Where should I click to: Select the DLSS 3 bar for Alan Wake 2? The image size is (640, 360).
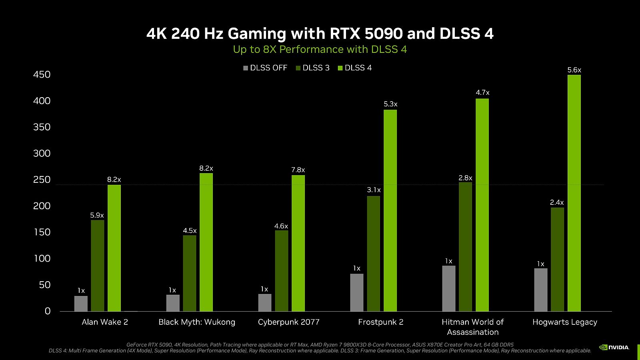point(98,266)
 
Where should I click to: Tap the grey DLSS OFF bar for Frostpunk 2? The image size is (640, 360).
point(357,292)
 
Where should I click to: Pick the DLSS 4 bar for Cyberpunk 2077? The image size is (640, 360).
point(298,243)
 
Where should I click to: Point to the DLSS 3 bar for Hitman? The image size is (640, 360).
point(465,247)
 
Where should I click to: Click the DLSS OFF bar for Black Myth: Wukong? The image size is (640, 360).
point(173,303)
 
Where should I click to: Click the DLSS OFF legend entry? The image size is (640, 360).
point(265,68)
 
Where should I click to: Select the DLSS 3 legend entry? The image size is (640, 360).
point(313,68)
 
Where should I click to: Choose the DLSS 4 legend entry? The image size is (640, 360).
point(355,68)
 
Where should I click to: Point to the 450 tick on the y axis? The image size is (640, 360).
point(42,75)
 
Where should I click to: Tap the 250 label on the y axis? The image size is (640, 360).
point(42,180)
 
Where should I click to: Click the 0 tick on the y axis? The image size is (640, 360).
point(48,311)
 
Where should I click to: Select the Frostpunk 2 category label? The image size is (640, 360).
point(381,322)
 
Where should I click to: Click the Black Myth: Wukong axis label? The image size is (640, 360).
point(197,322)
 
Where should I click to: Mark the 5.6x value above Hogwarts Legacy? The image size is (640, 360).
point(574,70)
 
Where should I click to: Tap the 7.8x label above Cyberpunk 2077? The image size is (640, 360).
point(298,170)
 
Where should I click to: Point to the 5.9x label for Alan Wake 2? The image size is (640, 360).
point(97,216)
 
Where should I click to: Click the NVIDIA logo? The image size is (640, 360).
point(614,347)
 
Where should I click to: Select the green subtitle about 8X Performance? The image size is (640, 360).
point(320,50)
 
